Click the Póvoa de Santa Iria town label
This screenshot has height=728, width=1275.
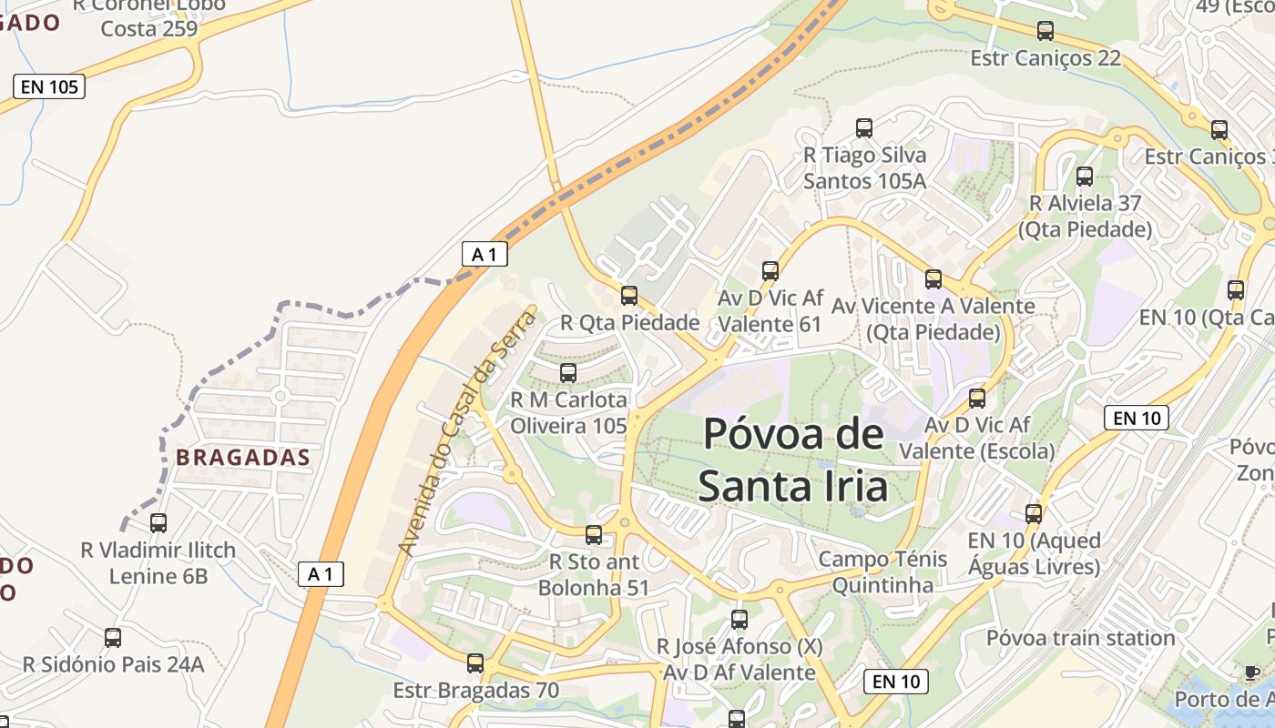(x=793, y=460)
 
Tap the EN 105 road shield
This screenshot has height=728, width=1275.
(x=49, y=87)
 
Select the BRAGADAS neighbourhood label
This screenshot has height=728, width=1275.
(x=243, y=457)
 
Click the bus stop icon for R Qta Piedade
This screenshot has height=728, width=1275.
(x=629, y=296)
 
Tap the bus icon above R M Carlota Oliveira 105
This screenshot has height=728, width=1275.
(x=568, y=373)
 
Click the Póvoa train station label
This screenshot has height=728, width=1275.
(x=1081, y=638)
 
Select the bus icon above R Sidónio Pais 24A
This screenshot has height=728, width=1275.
(x=113, y=638)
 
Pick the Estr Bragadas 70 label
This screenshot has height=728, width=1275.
(x=475, y=691)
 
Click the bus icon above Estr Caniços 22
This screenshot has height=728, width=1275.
(x=1045, y=31)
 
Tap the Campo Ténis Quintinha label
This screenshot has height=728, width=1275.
(x=882, y=571)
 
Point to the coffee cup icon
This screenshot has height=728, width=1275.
(x=1252, y=672)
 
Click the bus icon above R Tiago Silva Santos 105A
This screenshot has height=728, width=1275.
(x=864, y=128)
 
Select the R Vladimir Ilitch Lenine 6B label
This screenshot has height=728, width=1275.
(x=158, y=563)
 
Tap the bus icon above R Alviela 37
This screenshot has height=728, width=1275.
(x=1085, y=177)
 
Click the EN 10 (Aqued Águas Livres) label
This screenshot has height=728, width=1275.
(x=1034, y=554)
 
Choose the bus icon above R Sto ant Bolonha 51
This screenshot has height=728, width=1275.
(x=594, y=535)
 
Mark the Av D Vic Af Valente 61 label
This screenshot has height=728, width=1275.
(x=770, y=311)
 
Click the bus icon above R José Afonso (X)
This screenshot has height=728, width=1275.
(x=739, y=620)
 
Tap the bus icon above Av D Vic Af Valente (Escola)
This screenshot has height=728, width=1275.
(x=977, y=399)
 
